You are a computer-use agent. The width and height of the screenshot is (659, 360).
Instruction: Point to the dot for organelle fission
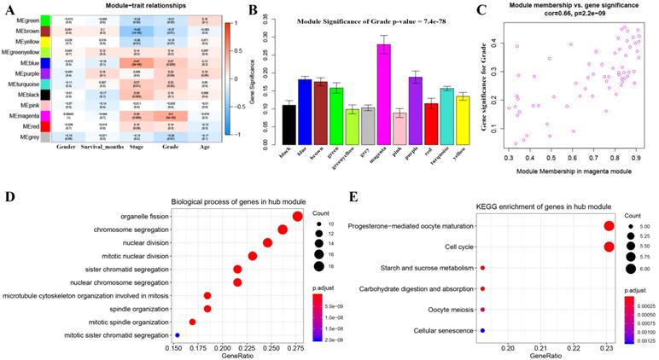pos(297,217)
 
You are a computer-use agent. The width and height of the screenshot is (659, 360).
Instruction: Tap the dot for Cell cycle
pos(609,247)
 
